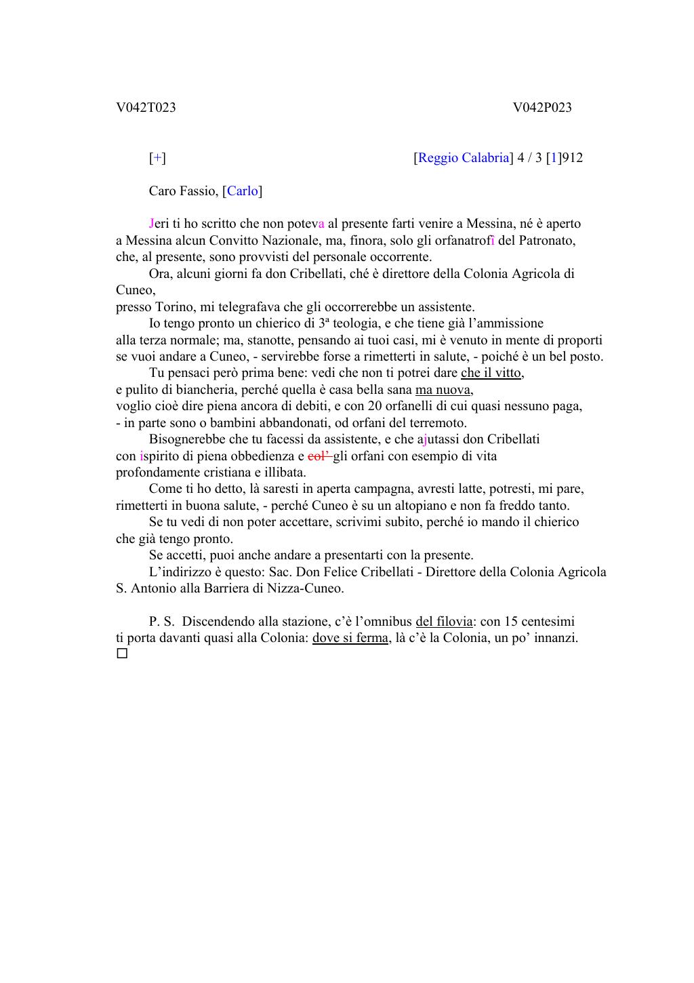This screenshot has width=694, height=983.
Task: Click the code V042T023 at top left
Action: point(146,108)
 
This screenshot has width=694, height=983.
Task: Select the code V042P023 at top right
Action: point(542,108)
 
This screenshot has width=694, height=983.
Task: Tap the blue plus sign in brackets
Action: point(157,158)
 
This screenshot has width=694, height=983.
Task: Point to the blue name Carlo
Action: point(243,191)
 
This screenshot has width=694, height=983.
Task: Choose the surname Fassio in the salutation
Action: point(199,191)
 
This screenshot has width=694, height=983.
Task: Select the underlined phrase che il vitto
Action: point(491,373)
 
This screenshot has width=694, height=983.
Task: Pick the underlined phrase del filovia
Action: point(444,622)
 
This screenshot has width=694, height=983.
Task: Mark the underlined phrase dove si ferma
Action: point(350,638)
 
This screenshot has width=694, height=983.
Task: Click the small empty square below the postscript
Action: point(122,654)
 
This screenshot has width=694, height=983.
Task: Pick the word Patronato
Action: point(547,241)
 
